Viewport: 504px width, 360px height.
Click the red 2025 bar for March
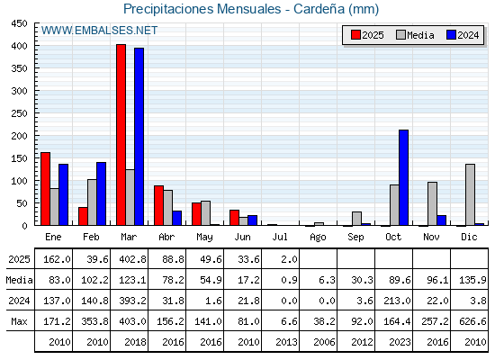tap(121, 135)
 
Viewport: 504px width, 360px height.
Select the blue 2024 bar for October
tap(404, 177)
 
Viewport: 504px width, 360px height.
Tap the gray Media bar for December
tap(470, 194)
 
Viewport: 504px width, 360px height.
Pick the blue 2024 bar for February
tap(101, 193)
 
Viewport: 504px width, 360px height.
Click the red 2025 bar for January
tap(45, 189)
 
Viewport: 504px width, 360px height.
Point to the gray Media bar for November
tap(432, 203)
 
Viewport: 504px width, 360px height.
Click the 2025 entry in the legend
tap(367, 35)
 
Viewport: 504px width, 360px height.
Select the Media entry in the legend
tap(415, 35)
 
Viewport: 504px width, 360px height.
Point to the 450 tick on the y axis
tap(19, 23)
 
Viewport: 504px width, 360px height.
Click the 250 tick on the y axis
tap(19, 113)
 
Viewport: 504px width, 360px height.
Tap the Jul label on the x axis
tap(280, 237)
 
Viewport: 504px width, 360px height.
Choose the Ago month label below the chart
tap(318, 238)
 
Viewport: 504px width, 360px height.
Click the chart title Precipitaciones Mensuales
tap(202, 9)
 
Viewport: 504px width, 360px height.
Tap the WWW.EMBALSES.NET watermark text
tap(99, 31)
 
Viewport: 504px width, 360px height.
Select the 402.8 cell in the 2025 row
tap(132, 259)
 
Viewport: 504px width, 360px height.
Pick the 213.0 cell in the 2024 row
tap(397, 301)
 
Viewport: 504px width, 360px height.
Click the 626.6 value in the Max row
tap(472, 321)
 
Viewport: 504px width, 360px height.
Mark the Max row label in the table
tap(19, 321)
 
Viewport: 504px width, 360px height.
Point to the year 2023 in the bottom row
tap(400, 342)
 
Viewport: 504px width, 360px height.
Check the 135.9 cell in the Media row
tap(472, 280)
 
